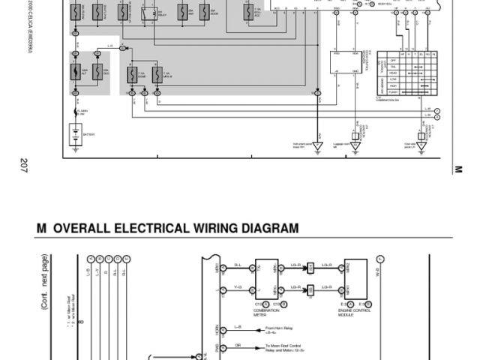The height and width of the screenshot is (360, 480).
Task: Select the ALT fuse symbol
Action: tap(76, 72)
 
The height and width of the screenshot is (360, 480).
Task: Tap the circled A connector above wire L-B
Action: tap(90, 258)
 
